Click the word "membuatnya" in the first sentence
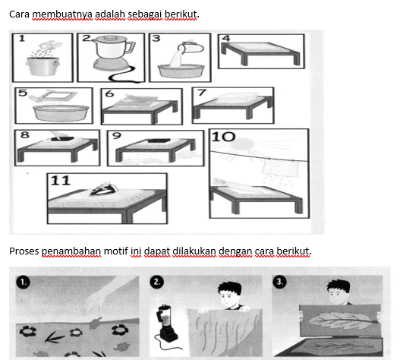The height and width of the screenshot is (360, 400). click(x=62, y=14)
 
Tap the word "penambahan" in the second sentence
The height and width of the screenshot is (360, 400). click(x=71, y=251)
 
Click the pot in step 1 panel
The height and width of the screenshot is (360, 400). click(x=43, y=66)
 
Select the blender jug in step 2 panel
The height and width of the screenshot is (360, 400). click(x=112, y=47)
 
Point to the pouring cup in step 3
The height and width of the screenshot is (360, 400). click(x=191, y=47)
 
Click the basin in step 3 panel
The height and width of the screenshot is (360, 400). click(x=181, y=71)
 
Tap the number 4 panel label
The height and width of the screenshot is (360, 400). click(x=226, y=39)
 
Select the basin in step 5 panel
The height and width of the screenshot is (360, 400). click(x=61, y=112)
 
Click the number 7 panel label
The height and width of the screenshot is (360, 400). click(x=202, y=93)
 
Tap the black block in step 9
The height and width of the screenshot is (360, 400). click(x=159, y=141)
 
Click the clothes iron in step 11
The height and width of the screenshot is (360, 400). click(x=104, y=189)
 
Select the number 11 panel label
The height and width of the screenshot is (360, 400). click(x=61, y=181)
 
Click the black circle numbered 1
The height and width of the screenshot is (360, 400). click(x=23, y=283)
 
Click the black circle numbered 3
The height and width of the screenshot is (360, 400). click(x=279, y=282)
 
